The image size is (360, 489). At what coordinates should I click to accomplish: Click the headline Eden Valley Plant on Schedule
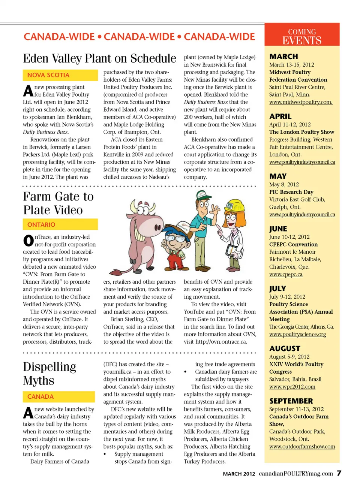point(99,58)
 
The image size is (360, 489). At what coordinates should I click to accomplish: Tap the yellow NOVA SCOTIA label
point(60,75)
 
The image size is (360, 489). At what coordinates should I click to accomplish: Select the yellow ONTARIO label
point(60,224)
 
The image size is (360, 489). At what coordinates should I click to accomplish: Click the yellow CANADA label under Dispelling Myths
point(58,396)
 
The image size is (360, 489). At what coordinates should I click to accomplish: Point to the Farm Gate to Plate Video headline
point(58,203)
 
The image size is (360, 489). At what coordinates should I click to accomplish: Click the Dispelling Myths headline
point(49,373)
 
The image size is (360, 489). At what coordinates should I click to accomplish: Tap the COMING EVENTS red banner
point(302,36)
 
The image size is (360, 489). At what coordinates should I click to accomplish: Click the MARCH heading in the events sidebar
point(283,57)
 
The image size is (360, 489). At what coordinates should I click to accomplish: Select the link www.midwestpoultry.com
point(301,102)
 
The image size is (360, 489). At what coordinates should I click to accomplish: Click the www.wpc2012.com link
point(292,387)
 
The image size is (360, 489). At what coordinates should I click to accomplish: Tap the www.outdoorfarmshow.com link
point(302,446)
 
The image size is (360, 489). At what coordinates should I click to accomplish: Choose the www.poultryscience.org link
point(297,334)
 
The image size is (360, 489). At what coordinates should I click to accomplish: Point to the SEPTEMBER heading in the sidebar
point(291,401)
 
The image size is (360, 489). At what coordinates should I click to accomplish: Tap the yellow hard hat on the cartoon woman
point(235,205)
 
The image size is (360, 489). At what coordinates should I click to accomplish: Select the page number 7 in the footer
point(339,473)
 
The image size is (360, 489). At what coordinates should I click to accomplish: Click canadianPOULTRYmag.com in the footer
point(295,474)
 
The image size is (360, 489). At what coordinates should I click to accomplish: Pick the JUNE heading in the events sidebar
point(278,229)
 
